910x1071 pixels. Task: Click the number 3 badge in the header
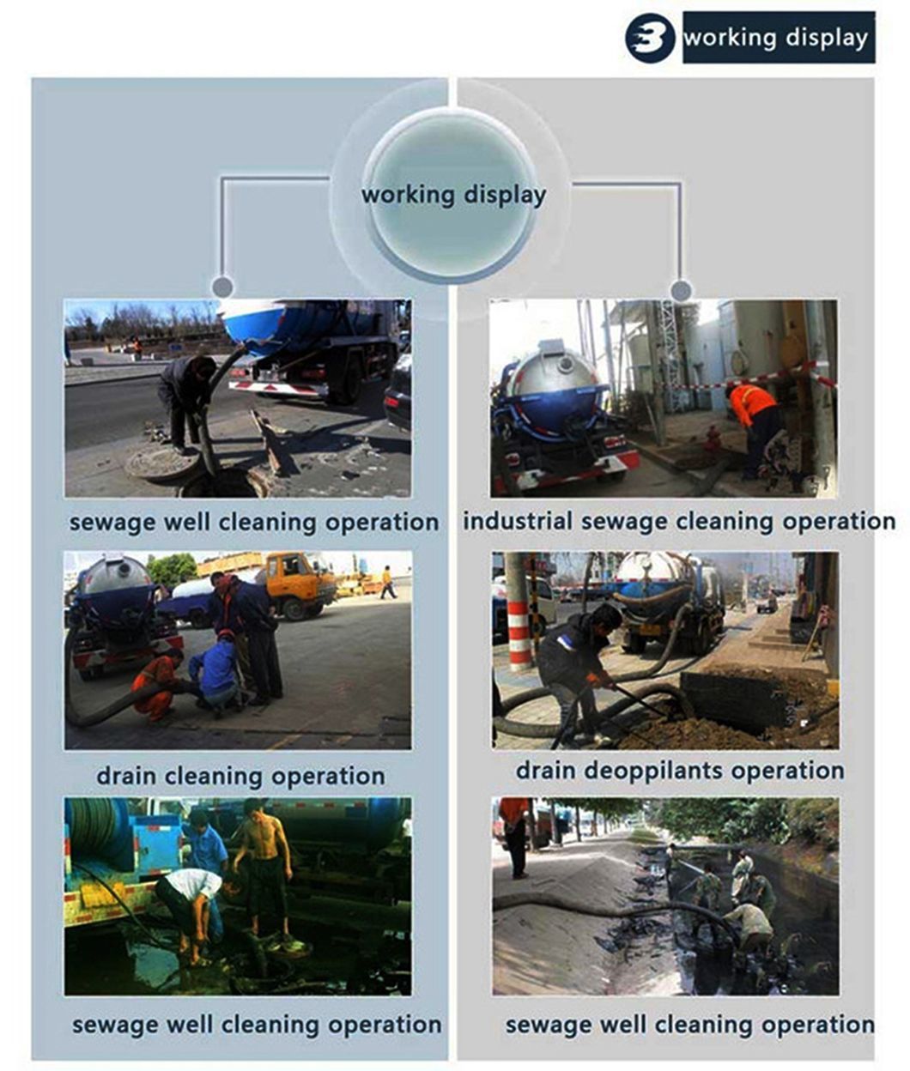coord(651,38)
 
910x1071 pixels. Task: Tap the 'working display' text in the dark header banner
coord(775,39)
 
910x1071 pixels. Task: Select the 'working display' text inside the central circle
coord(454,196)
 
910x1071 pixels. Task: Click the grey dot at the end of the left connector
coord(222,287)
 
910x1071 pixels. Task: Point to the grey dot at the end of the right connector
coord(681,290)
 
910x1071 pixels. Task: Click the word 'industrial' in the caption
coord(518,520)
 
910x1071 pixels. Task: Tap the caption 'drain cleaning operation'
coord(241,775)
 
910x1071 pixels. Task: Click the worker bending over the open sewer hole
coord(185,400)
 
